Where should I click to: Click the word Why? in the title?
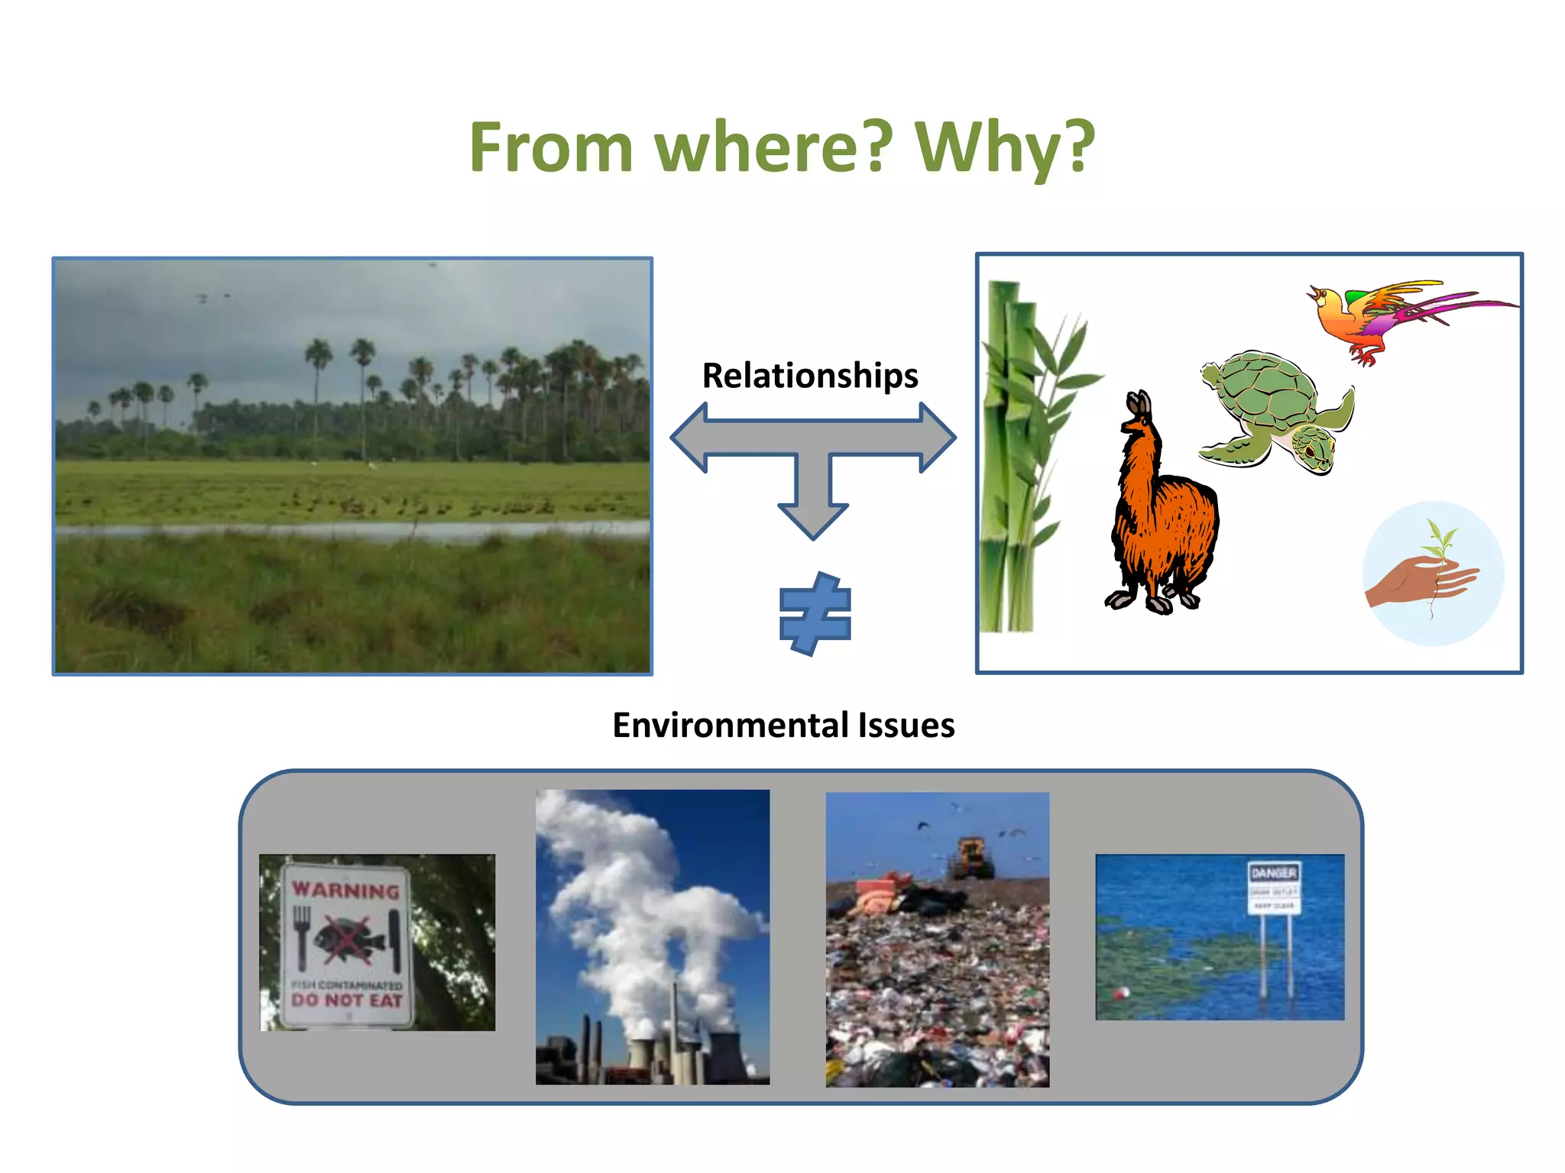[x=1004, y=148]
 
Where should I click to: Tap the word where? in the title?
[x=773, y=148]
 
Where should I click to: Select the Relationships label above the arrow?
[x=810, y=376]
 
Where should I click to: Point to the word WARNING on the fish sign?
[x=345, y=890]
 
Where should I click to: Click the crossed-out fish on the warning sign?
[x=347, y=938]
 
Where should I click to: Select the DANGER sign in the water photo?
[x=1273, y=887]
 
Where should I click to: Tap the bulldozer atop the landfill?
[x=970, y=858]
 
